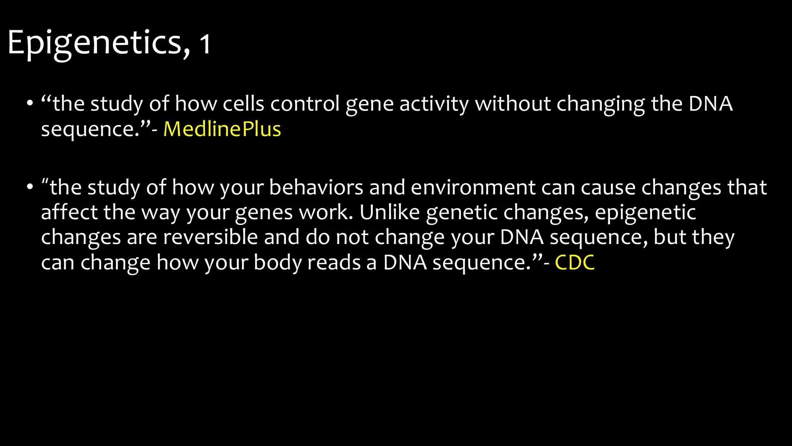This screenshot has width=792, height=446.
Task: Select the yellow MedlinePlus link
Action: pos(222,129)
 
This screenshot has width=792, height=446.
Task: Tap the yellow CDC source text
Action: pos(575,262)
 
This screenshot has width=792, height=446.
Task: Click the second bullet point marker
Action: pos(30,187)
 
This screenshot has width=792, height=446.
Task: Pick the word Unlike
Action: pos(389,212)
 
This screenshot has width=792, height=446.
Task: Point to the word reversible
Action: pos(210,237)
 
